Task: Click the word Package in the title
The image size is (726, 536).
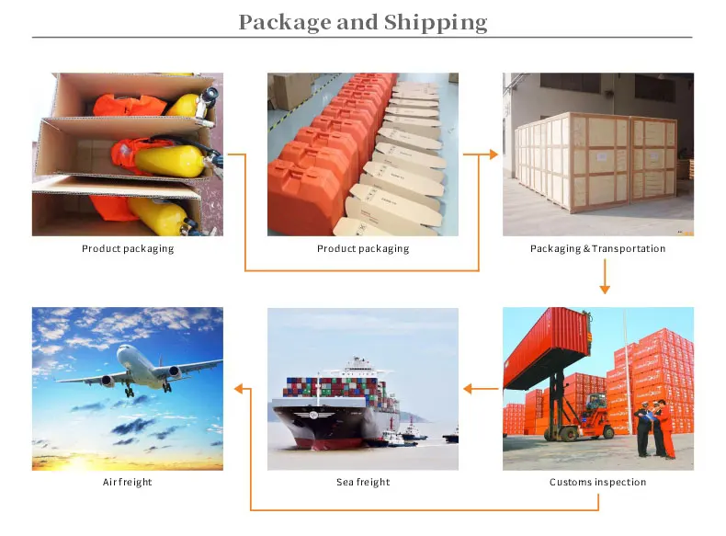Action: click(283, 22)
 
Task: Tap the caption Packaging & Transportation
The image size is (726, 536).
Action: click(597, 248)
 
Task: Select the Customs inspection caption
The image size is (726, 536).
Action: click(597, 482)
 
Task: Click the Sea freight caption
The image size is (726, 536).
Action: click(363, 482)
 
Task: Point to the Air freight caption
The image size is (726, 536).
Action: click(127, 482)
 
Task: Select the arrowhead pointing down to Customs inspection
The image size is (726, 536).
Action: click(604, 289)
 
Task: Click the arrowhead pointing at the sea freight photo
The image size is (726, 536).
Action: click(468, 389)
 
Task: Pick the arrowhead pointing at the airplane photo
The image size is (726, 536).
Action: click(241, 389)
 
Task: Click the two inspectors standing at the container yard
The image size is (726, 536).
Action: click(653, 428)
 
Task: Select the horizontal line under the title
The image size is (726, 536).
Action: click(362, 38)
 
